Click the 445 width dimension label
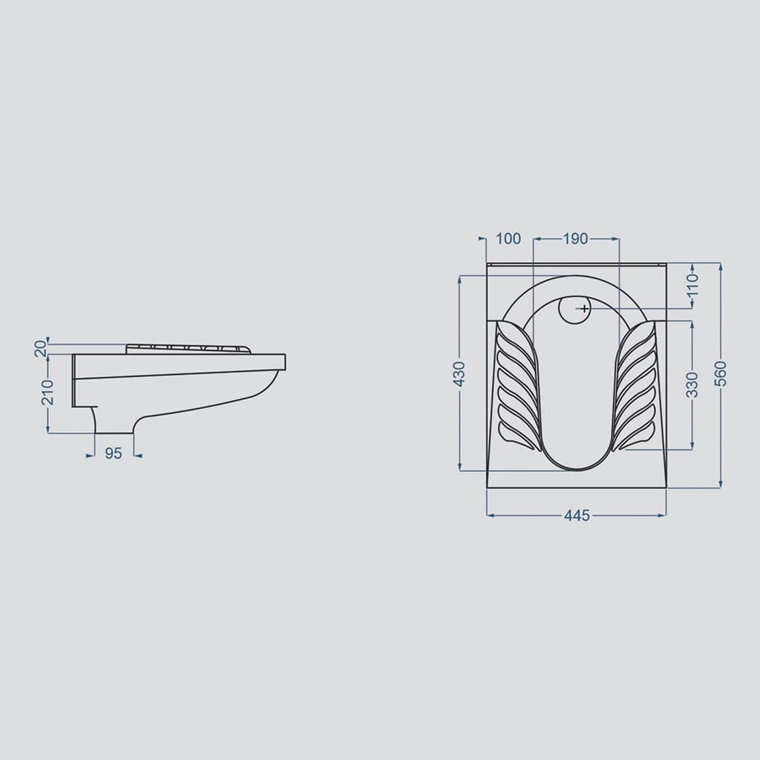tap(577, 515)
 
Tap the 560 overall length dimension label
tap(721, 373)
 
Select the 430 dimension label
tap(459, 374)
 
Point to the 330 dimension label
tap(692, 384)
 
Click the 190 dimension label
tap(575, 238)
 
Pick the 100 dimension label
tap(508, 238)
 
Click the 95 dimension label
tap(114, 453)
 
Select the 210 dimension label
tap(47, 392)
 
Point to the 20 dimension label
tap(41, 348)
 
